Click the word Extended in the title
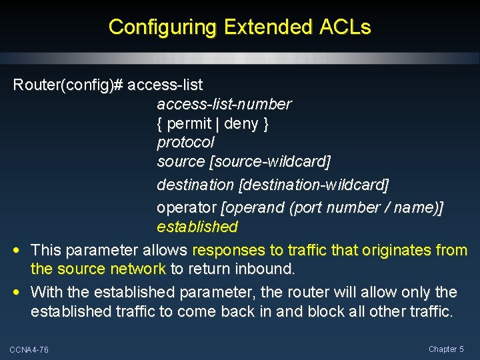click(268, 27)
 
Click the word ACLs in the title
click(345, 27)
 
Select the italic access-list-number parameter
click(224, 104)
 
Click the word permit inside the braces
click(189, 123)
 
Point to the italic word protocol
click(185, 142)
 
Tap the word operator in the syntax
click(184, 207)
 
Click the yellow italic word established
click(197, 227)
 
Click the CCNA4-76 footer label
click(29, 350)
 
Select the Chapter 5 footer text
click(446, 349)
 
